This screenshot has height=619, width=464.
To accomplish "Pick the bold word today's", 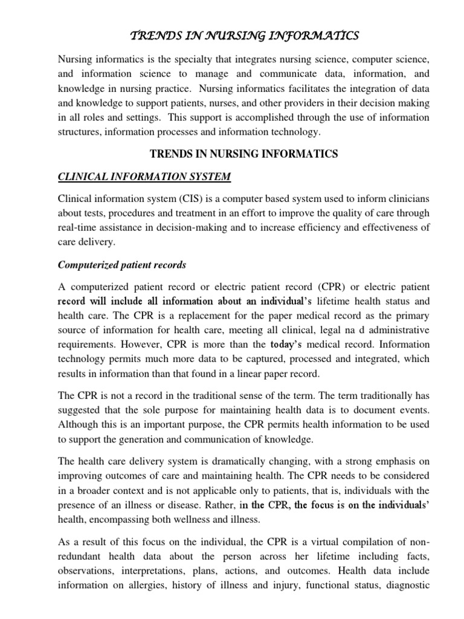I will pyautogui.click(x=286, y=344).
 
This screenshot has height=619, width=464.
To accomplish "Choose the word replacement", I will pyautogui.click(x=176, y=316).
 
